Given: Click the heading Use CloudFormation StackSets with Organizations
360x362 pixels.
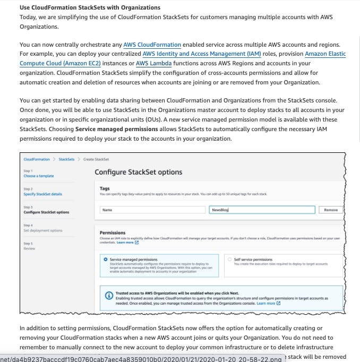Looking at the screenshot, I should click(90, 7).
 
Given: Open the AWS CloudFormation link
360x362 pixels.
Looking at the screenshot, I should click(152, 45).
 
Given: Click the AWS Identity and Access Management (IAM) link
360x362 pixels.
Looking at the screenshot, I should click(193, 54).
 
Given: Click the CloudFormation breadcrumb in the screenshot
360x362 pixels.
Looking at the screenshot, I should click(37, 159).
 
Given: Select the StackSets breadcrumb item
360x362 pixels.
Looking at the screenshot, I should click(66, 159).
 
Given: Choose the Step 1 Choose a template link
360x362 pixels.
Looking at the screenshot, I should click(38, 176).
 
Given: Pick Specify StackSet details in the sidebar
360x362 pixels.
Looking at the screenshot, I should click(42, 194).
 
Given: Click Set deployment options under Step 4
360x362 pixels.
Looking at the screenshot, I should click(42, 230).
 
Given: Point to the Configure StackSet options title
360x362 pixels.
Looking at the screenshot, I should click(138, 172).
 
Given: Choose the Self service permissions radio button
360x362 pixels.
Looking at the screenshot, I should click(229, 260).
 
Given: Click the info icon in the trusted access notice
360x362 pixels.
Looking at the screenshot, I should click(109, 295).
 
